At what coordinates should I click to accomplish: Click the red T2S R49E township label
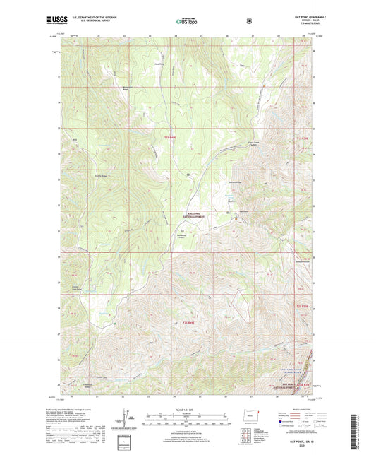(188, 323)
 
